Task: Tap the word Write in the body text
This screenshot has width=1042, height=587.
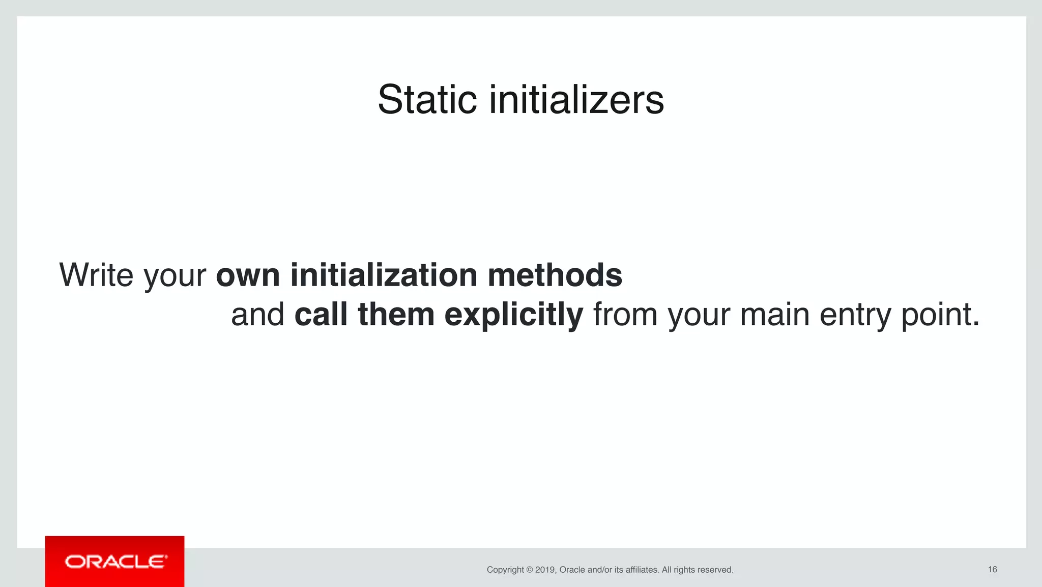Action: tap(96, 275)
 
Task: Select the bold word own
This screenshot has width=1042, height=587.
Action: tap(248, 275)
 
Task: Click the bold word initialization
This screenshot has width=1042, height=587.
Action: tap(384, 275)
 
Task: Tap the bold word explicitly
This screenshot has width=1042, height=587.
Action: tap(513, 314)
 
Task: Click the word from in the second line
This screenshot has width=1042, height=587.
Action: tap(625, 314)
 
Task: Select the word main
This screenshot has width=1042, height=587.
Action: tap(774, 314)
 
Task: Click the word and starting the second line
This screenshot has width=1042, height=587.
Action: tap(257, 314)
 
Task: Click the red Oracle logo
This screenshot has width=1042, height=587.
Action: tap(115, 562)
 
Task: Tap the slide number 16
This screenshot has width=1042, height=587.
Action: tap(992, 569)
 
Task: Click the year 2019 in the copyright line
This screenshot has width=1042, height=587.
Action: tap(545, 570)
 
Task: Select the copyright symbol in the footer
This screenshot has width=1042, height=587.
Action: tap(529, 570)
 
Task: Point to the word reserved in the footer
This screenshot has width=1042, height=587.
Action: tap(714, 570)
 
